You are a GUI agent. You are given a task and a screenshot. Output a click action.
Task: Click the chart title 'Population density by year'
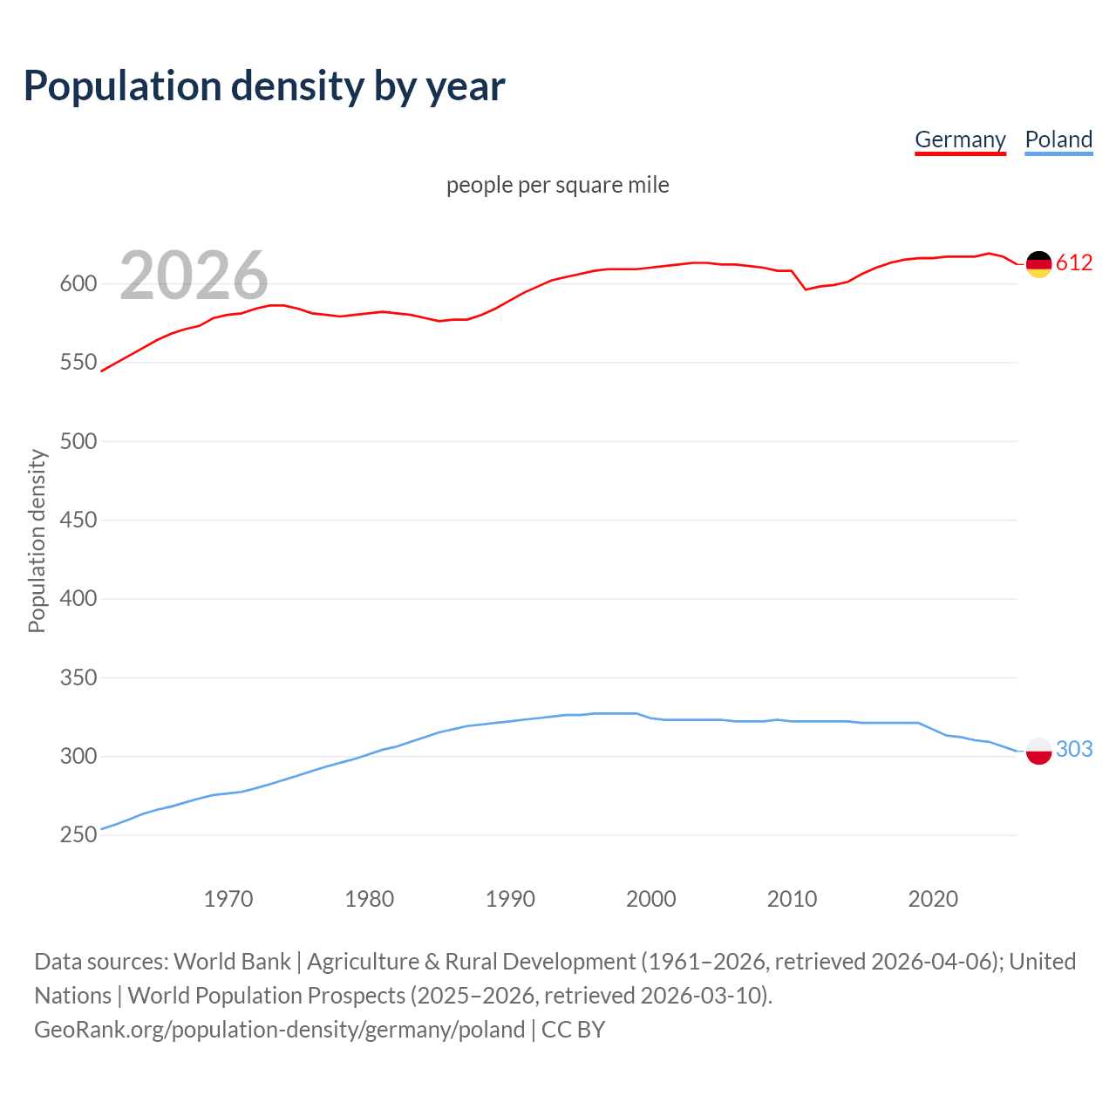(x=264, y=86)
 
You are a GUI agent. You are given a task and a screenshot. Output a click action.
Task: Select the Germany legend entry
(x=960, y=139)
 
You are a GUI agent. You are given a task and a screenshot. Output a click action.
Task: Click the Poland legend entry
(x=1058, y=139)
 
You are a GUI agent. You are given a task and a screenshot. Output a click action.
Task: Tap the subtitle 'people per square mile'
(x=557, y=185)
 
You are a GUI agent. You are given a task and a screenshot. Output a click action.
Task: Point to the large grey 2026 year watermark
(x=194, y=276)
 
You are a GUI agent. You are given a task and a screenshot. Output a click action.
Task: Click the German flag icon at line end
(x=1038, y=263)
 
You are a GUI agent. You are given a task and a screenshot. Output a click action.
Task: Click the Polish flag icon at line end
(x=1038, y=750)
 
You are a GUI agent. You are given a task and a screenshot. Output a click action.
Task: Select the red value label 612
(x=1074, y=262)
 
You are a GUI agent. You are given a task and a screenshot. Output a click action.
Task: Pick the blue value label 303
(x=1074, y=749)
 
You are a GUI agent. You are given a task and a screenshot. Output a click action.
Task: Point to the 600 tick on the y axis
(x=78, y=283)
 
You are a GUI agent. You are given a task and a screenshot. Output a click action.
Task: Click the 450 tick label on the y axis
(x=78, y=520)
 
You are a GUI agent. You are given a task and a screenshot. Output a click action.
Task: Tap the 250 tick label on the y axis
(x=78, y=834)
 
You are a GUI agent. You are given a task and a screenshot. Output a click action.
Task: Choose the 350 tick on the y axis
(x=78, y=677)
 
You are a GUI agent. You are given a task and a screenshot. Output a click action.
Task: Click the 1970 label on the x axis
(x=228, y=898)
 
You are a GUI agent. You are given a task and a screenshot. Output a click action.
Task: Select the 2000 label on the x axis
(x=651, y=898)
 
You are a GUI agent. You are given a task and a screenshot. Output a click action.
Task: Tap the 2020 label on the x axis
(x=933, y=898)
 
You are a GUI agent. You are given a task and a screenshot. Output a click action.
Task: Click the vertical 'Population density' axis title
(x=37, y=541)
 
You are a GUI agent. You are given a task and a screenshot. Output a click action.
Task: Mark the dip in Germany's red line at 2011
(x=806, y=289)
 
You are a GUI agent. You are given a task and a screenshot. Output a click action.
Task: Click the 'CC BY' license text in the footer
(x=573, y=1029)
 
